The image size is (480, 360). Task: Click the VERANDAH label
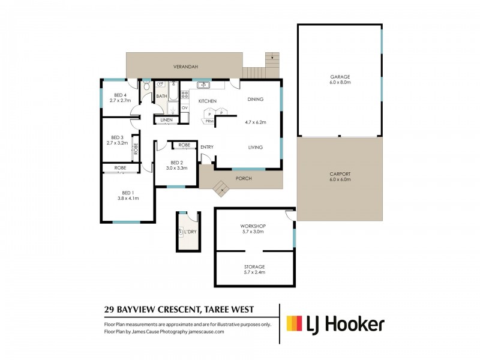tap(186, 67)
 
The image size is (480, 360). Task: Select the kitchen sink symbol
tap(204, 85)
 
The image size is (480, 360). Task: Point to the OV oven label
tap(185, 107)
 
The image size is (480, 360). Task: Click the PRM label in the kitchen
tap(209, 121)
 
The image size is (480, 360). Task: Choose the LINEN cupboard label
tap(166, 121)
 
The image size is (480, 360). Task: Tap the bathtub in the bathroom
tap(172, 96)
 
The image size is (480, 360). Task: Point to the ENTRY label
tap(207, 147)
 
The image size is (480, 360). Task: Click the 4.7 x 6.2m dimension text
tap(256, 122)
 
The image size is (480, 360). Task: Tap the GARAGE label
tap(340, 77)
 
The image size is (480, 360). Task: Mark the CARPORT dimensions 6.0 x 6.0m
tap(340, 180)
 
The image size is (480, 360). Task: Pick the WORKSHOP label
tap(254, 226)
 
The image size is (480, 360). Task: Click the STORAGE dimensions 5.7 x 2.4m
tap(254, 272)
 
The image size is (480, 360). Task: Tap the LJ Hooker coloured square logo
tap(295, 324)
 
